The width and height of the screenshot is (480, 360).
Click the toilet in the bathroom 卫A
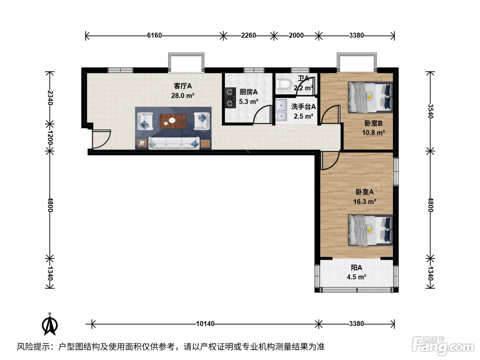coord(283,85)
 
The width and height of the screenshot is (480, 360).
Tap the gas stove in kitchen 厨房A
coord(230,98)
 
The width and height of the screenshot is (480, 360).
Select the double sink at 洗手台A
coord(281,110)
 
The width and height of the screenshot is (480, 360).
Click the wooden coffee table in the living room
coord(173,121)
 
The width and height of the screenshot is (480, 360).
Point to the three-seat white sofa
coord(174,143)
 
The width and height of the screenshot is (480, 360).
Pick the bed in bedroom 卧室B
coord(370,97)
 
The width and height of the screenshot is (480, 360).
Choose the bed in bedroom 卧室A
coord(370,230)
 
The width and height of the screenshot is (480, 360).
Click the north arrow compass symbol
coord(50,324)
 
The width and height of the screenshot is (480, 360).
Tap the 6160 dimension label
coord(154,35)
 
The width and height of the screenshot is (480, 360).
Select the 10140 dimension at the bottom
coord(205,324)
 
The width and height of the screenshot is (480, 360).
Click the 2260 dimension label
coord(249,35)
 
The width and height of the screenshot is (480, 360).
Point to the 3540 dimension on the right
coord(430,111)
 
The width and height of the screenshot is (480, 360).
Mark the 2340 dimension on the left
coord(50,98)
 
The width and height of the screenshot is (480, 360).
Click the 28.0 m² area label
coord(183,96)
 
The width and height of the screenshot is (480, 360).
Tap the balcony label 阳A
coord(357,267)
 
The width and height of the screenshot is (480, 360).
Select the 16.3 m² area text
coord(365,201)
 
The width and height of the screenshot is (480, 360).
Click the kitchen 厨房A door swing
coord(262,114)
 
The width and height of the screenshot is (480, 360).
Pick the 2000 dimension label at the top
coord(296,35)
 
